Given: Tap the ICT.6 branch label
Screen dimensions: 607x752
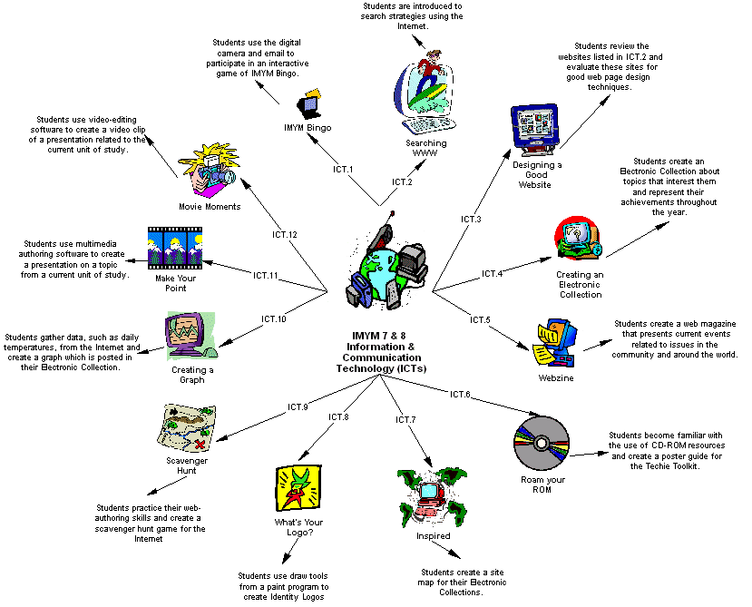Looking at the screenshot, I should tap(460, 394).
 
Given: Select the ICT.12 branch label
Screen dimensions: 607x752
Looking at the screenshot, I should tap(285, 234).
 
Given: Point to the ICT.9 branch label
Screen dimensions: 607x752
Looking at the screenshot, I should tap(298, 406).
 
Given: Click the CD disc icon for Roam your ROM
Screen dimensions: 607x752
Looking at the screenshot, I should tap(541, 444).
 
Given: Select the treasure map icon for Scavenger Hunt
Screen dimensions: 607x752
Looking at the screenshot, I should tap(186, 428).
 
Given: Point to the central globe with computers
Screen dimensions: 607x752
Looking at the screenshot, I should tap(386, 263).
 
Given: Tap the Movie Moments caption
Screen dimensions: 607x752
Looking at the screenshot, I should tap(210, 206).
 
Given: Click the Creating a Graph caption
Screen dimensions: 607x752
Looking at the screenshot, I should tap(192, 375).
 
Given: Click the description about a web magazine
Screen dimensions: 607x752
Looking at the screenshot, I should tap(675, 338).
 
